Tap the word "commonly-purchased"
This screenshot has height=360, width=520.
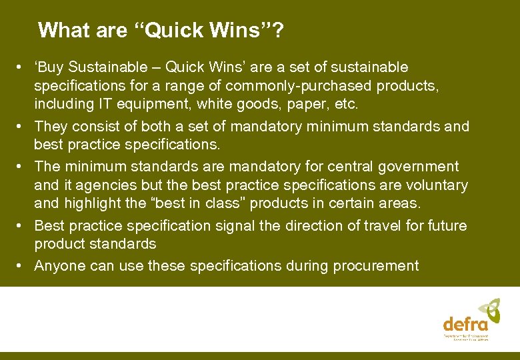[x=298, y=86]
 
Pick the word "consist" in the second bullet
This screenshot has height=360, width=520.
[x=94, y=126]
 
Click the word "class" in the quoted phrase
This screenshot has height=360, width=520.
[x=229, y=203]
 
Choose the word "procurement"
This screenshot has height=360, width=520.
[x=372, y=266]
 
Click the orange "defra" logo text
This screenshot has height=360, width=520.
[x=465, y=325]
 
